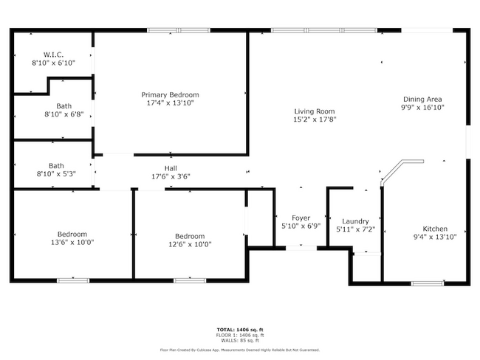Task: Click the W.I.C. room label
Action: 53,55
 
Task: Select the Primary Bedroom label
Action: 171,94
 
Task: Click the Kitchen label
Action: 435,229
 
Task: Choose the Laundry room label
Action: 355,221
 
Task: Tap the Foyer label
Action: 301,218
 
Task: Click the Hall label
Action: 171,168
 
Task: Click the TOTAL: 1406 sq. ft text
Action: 240,329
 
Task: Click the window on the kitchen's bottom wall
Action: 427,283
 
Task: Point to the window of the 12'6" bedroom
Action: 190,280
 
